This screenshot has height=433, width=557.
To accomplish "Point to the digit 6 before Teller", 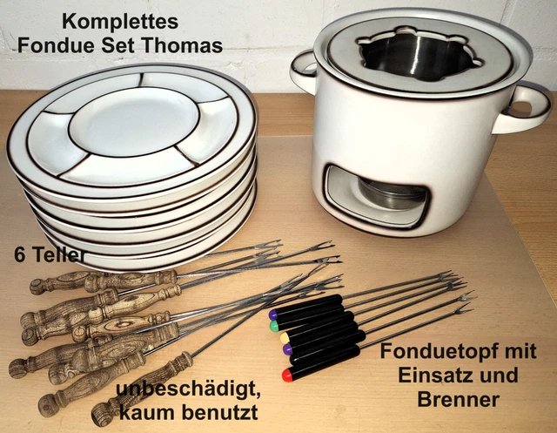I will tap(18, 255).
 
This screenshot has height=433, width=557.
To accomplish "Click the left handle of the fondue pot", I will tap(302, 71).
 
